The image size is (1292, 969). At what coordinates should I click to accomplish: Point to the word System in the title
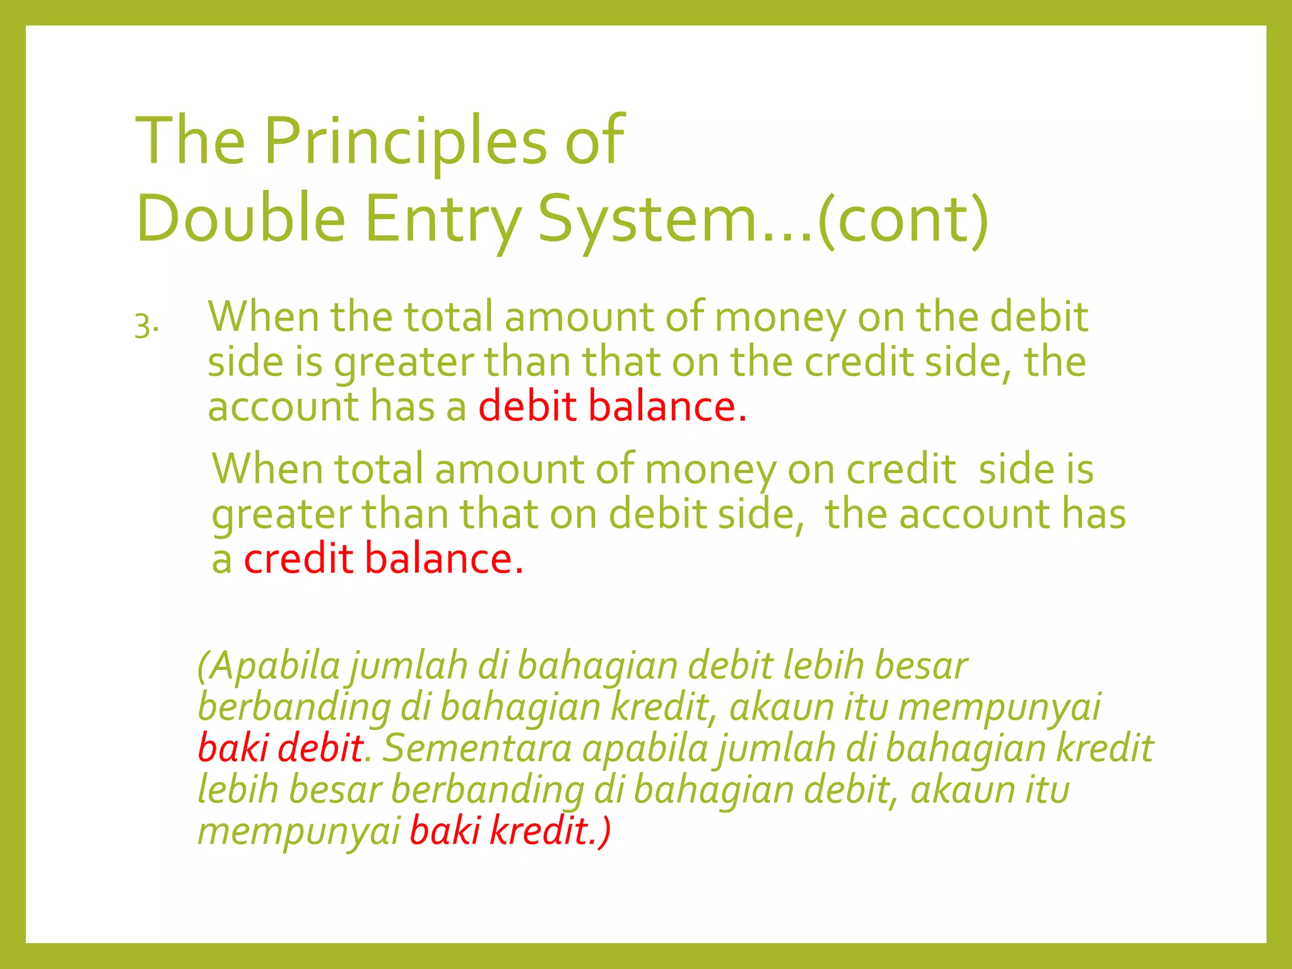click(x=647, y=220)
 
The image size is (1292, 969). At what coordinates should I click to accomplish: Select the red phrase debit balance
click(x=612, y=406)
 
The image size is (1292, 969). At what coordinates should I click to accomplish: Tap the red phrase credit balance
click(x=384, y=559)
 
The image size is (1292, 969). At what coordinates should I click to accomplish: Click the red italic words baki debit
click(x=280, y=748)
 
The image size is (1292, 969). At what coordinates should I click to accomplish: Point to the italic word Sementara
click(x=477, y=748)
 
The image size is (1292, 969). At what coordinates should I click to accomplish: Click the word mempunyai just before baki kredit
click(x=299, y=832)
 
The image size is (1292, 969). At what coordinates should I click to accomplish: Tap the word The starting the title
click(x=190, y=141)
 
